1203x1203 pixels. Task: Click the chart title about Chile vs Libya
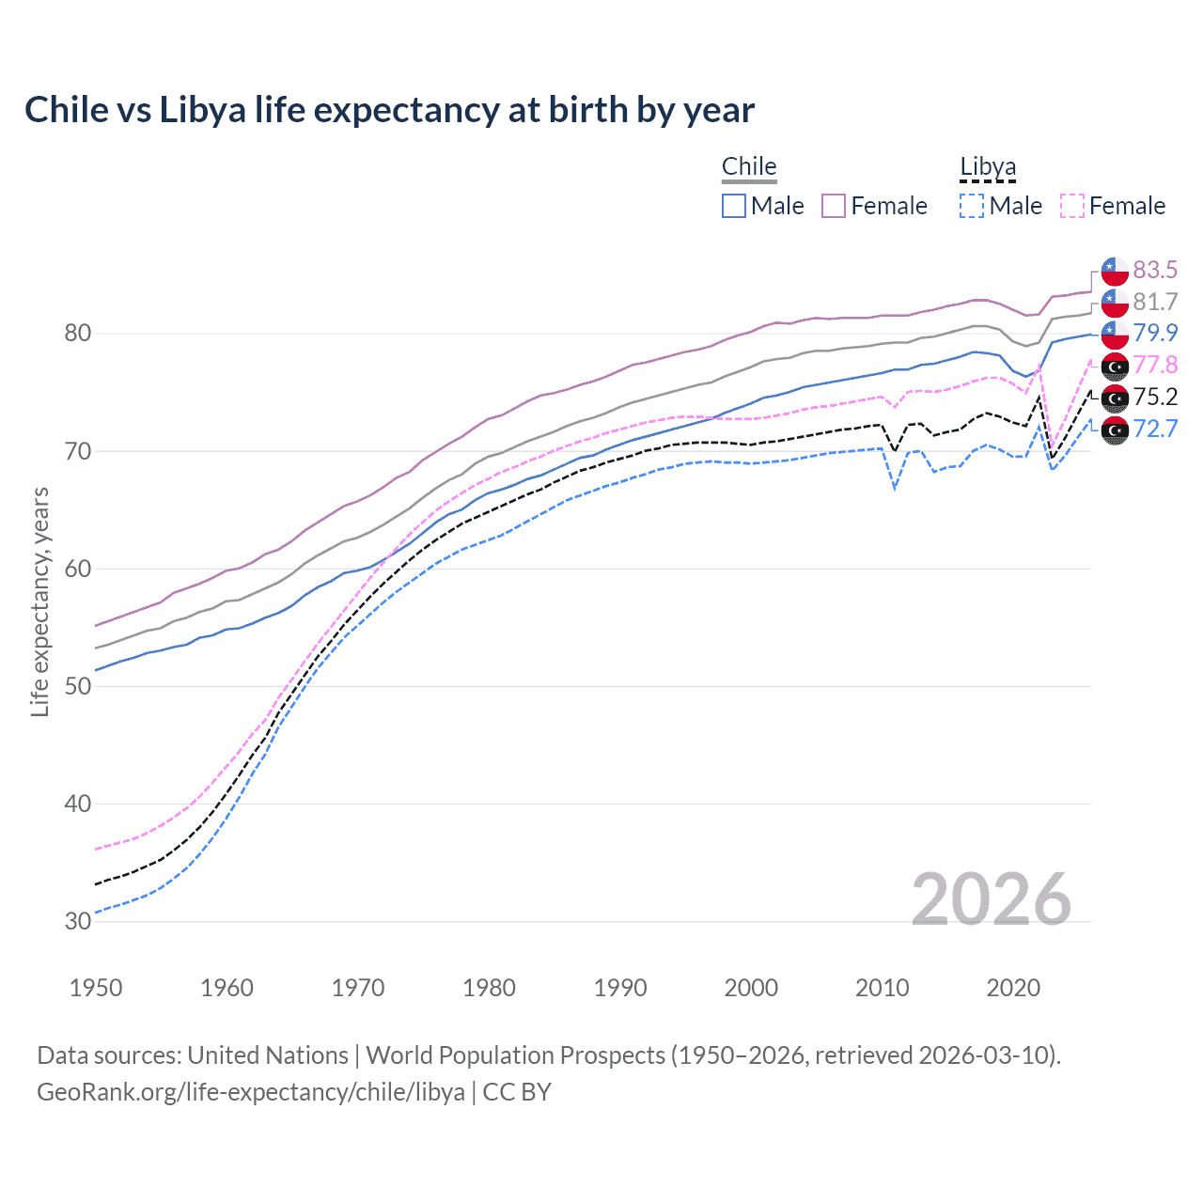[389, 110]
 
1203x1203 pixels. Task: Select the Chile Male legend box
[734, 206]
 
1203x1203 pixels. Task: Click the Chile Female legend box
[834, 206]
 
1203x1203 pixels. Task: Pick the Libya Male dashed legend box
[972, 206]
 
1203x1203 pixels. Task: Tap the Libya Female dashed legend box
[1072, 206]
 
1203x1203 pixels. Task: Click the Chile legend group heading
[749, 166]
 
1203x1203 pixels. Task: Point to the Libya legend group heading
[988, 167]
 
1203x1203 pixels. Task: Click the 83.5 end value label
[1155, 271]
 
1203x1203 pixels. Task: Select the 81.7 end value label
[1155, 302]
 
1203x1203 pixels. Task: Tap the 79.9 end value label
[1155, 333]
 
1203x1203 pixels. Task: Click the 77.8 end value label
[1155, 365]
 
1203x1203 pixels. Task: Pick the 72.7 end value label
[1155, 429]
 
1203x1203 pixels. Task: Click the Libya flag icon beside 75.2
[1115, 398]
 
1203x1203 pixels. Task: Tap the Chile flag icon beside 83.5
[1115, 271]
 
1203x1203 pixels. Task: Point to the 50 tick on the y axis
[78, 686]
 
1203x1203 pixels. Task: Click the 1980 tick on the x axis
[489, 988]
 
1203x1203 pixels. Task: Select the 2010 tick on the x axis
[882, 988]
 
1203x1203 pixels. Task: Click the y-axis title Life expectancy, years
[40, 601]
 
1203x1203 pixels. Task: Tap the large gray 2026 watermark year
[991, 899]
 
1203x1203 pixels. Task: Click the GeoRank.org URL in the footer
[251, 1092]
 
